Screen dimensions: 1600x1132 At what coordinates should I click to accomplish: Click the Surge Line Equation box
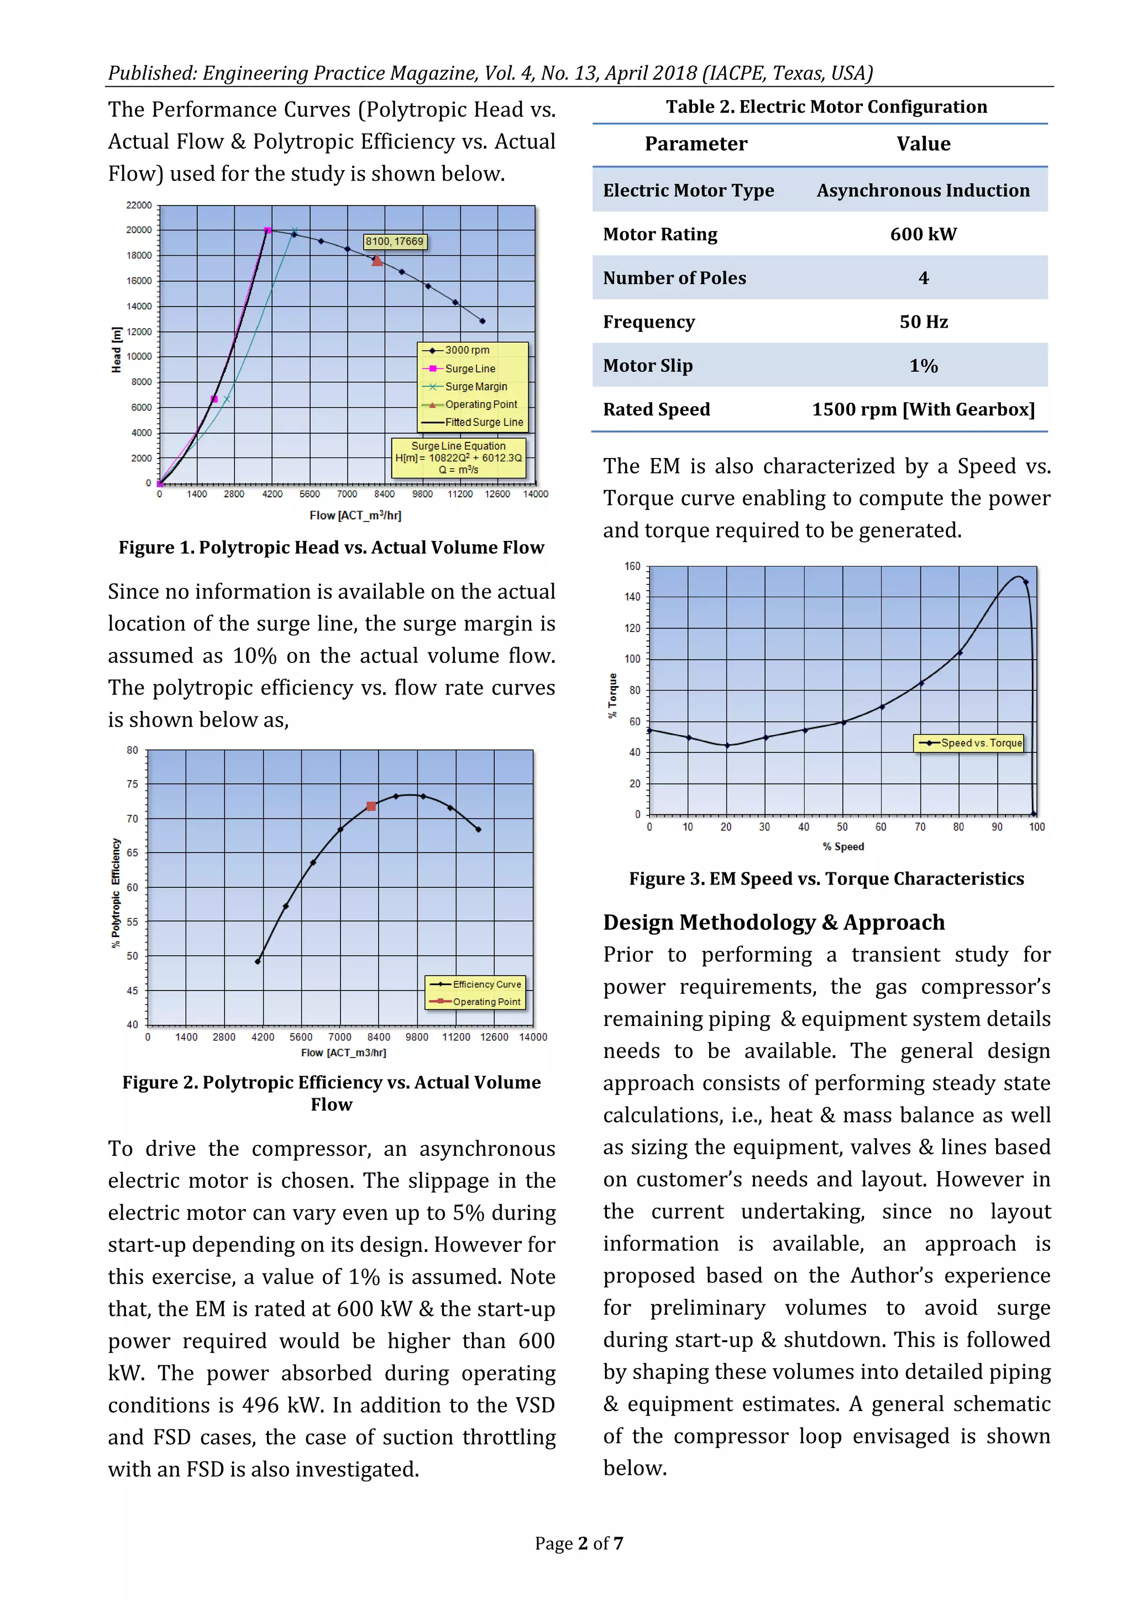click(459, 458)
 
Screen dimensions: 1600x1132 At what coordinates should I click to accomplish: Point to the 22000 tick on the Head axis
click(139, 206)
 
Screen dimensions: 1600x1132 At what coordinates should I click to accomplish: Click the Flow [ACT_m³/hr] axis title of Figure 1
click(355, 515)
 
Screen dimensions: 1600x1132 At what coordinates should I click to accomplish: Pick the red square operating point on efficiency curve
click(371, 806)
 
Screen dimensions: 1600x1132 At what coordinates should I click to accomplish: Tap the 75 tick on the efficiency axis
click(133, 784)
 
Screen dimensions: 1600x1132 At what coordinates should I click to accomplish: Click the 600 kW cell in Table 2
click(923, 234)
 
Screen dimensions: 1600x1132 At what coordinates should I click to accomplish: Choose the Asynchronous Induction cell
click(923, 190)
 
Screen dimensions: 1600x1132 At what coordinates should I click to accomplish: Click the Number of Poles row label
click(674, 278)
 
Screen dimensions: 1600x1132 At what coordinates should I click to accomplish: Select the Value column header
click(923, 144)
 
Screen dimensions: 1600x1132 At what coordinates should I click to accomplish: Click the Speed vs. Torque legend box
click(969, 743)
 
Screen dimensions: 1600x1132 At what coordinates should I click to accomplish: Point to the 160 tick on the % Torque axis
click(632, 566)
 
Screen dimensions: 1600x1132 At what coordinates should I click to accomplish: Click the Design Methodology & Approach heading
click(774, 922)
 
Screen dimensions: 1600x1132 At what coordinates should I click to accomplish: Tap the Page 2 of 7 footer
click(579, 1544)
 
